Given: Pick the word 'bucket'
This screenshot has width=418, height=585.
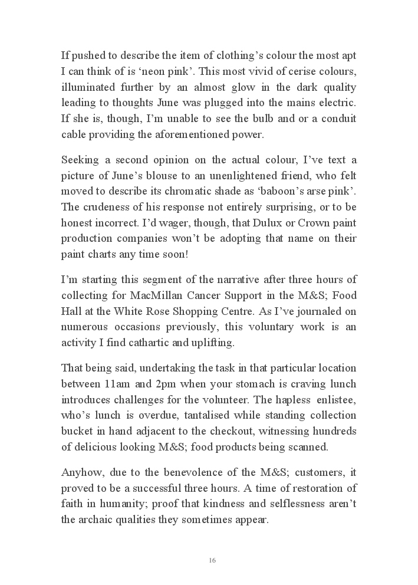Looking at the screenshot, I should pos(76,432).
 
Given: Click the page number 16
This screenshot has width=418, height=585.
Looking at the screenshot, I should pos(212,560).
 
